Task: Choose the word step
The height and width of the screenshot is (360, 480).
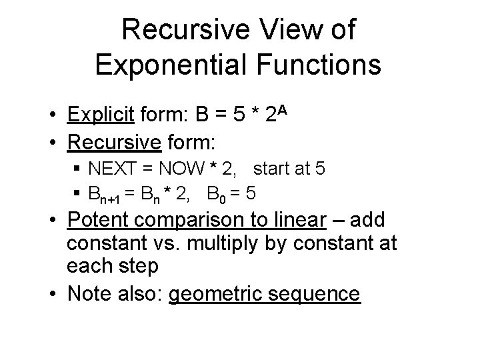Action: (136, 266)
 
